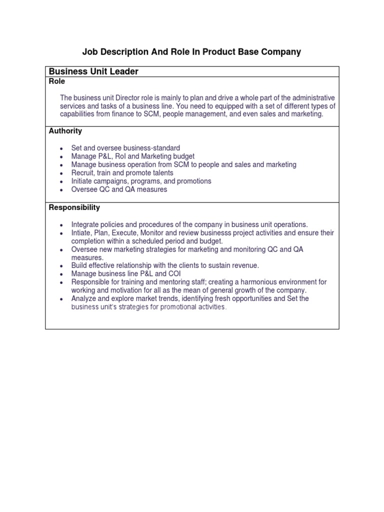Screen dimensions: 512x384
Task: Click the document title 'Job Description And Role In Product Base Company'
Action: tap(191, 52)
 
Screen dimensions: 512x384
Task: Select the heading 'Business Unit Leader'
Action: tap(93, 71)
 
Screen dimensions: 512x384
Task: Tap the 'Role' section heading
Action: tap(56, 81)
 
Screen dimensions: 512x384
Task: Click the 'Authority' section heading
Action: tap(65, 131)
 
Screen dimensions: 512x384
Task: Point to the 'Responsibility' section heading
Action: tap(74, 207)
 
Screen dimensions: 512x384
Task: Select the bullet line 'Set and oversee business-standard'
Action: tap(125, 148)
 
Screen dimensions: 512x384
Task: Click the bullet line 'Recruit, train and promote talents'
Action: tap(122, 173)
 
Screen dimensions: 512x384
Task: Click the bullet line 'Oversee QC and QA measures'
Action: tap(119, 189)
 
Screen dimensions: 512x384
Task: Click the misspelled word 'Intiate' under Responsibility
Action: tap(82, 232)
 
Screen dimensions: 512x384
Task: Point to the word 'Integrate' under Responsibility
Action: tap(86, 224)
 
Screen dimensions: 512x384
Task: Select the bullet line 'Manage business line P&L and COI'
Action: tap(126, 274)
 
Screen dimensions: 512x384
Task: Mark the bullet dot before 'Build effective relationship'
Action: tap(61, 266)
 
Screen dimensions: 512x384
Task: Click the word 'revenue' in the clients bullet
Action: tap(245, 265)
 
